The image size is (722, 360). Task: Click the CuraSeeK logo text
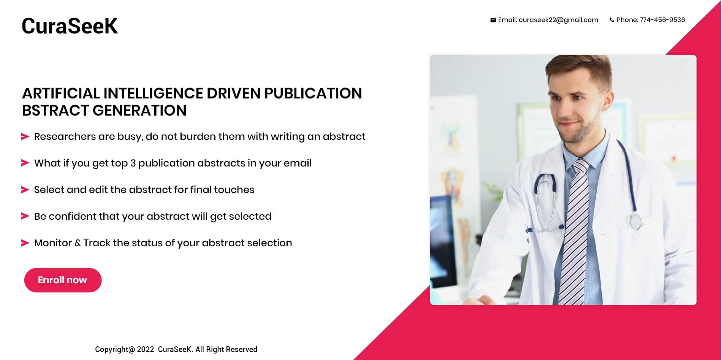[70, 26]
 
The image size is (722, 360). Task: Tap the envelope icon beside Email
[493, 20]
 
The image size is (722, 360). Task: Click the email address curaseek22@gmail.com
[558, 20]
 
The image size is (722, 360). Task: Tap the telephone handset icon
[612, 20]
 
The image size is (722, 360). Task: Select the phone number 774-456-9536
[662, 20]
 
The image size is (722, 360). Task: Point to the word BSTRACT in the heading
[55, 110]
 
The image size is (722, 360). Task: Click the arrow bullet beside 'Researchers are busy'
[25, 136]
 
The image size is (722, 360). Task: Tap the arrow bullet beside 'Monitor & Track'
[25, 243]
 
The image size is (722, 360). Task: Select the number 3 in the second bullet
[133, 163]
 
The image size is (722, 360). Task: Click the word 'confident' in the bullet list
[73, 216]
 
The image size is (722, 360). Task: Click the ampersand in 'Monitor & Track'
[78, 243]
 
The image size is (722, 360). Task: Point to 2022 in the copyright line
[146, 349]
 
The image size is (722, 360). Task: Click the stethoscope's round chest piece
[636, 221]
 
